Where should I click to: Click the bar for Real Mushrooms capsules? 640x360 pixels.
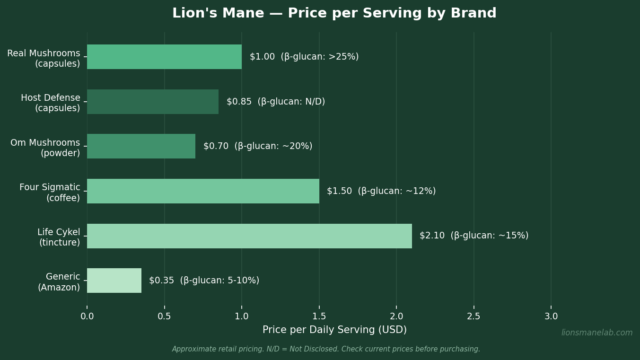point(164,57)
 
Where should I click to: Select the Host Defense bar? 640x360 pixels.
point(153,102)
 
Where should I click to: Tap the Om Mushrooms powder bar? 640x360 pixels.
point(141,146)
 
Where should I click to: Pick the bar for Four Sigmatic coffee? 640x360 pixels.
point(203,191)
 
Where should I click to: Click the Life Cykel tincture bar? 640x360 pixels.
point(249,236)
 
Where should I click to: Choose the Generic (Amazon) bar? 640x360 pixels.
point(114,281)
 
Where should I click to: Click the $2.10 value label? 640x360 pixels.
point(432,236)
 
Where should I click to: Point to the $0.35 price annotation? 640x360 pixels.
point(162,281)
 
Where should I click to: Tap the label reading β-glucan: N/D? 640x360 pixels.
point(291,102)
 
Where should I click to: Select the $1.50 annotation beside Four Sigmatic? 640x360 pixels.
point(340,191)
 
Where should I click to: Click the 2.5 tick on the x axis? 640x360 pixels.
point(473,316)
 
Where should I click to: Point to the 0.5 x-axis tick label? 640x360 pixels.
point(164,316)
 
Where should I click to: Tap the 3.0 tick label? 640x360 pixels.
point(551,316)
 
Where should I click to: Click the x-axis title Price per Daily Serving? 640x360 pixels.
point(334,330)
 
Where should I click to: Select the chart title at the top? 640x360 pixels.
point(334,13)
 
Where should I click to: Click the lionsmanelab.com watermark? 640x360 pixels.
point(596,333)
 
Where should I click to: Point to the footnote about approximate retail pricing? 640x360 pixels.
point(326,349)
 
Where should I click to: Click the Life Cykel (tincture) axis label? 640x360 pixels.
point(59,237)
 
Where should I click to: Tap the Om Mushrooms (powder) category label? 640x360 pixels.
point(45,148)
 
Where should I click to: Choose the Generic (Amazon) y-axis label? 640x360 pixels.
point(59,282)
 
